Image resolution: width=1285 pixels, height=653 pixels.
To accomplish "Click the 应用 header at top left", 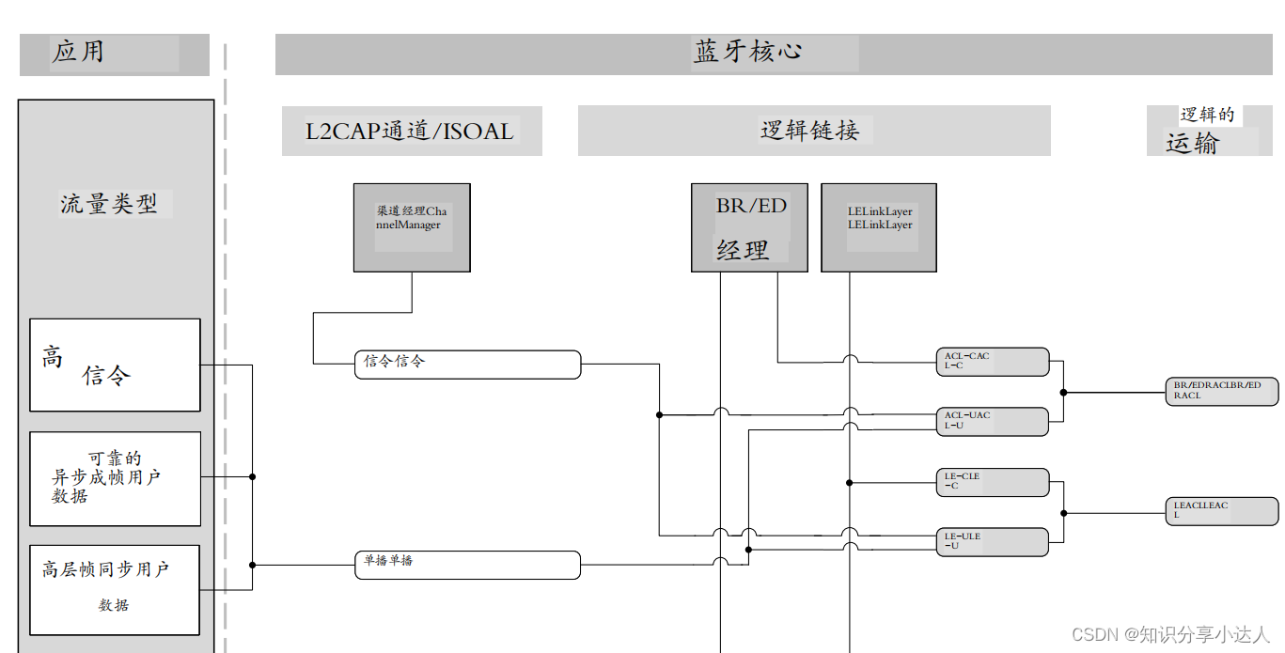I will coord(114,54).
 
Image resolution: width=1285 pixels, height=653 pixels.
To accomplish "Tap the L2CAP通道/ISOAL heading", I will coord(412,131).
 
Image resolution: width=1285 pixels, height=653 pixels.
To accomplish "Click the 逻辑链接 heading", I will coord(813,131).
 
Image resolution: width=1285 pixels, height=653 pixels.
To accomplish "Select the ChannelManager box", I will coord(412,227).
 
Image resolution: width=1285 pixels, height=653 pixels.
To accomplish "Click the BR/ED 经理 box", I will coord(749,227).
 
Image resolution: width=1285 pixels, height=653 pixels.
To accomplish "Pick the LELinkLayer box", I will coord(879,227).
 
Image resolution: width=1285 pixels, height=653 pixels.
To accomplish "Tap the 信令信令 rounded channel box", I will coord(467,365).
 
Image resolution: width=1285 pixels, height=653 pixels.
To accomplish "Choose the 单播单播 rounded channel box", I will coord(467,565).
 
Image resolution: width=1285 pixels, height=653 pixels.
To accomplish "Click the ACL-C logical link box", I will coord(992,362).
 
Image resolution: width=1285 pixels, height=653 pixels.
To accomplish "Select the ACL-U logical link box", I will coord(992,422).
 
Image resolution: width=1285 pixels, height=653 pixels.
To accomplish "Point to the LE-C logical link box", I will coord(992,482).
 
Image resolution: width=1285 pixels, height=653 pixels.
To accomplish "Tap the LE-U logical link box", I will coord(992,542).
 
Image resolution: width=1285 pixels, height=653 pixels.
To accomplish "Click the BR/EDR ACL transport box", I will coord(1221,392).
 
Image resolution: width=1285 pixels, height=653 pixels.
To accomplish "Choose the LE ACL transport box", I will coord(1221,511).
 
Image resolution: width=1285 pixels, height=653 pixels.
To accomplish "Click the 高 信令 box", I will coord(115,365).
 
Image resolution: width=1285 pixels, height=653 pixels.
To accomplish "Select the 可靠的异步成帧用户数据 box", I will coord(115,478).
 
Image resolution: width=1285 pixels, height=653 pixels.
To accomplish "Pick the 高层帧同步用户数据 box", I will coord(115,589).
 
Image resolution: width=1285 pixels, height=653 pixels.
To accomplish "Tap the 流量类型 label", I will coord(110,204).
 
